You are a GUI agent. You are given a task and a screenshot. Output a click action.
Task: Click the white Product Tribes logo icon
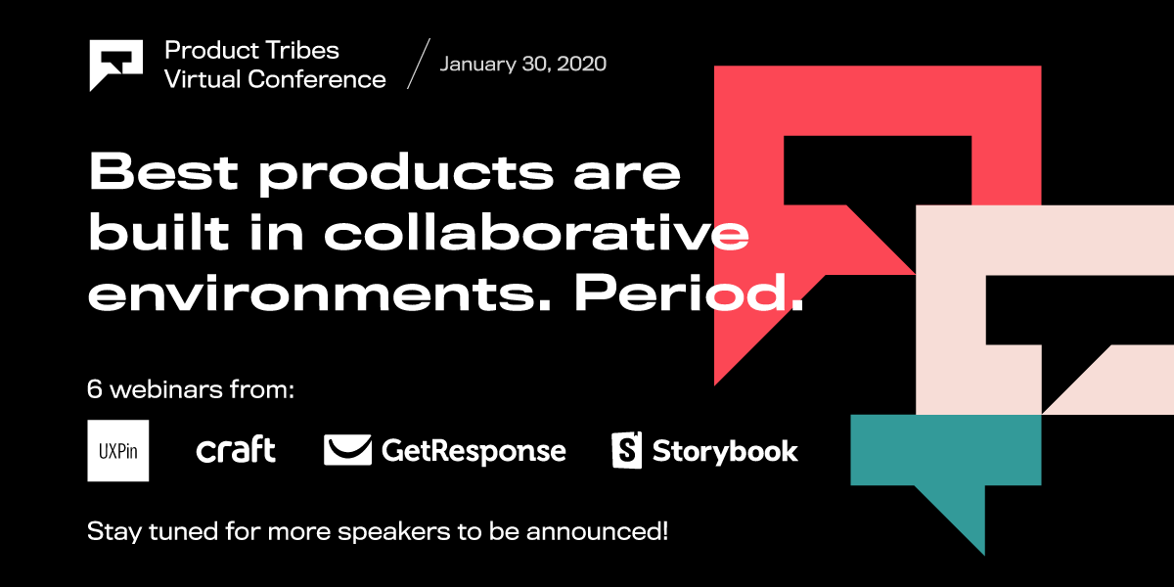tap(115, 64)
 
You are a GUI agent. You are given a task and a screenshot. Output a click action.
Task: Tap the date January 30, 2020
tap(522, 65)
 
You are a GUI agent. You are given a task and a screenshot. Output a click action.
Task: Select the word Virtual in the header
tap(203, 79)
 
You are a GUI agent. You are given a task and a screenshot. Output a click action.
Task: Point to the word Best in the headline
tap(163, 172)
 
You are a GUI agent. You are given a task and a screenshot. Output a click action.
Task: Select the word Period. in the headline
tap(688, 294)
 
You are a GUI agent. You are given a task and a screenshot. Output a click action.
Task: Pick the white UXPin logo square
tap(118, 450)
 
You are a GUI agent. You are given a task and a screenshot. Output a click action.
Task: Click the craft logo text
tap(236, 450)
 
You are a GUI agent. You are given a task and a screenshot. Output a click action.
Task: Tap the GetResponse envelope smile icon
tap(347, 450)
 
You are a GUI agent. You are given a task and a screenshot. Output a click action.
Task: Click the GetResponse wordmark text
tap(474, 451)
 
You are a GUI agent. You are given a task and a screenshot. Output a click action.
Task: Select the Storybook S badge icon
tap(626, 450)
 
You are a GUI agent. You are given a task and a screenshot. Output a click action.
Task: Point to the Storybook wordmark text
tap(725, 451)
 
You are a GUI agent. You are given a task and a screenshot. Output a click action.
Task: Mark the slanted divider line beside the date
tap(418, 65)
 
